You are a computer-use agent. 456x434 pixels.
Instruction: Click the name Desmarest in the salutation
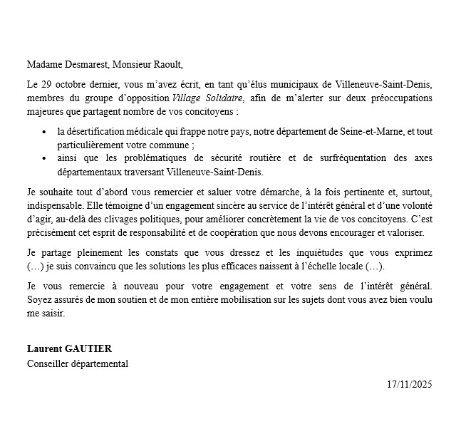pos(87,65)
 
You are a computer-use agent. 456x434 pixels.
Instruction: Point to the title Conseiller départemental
pos(78,363)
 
